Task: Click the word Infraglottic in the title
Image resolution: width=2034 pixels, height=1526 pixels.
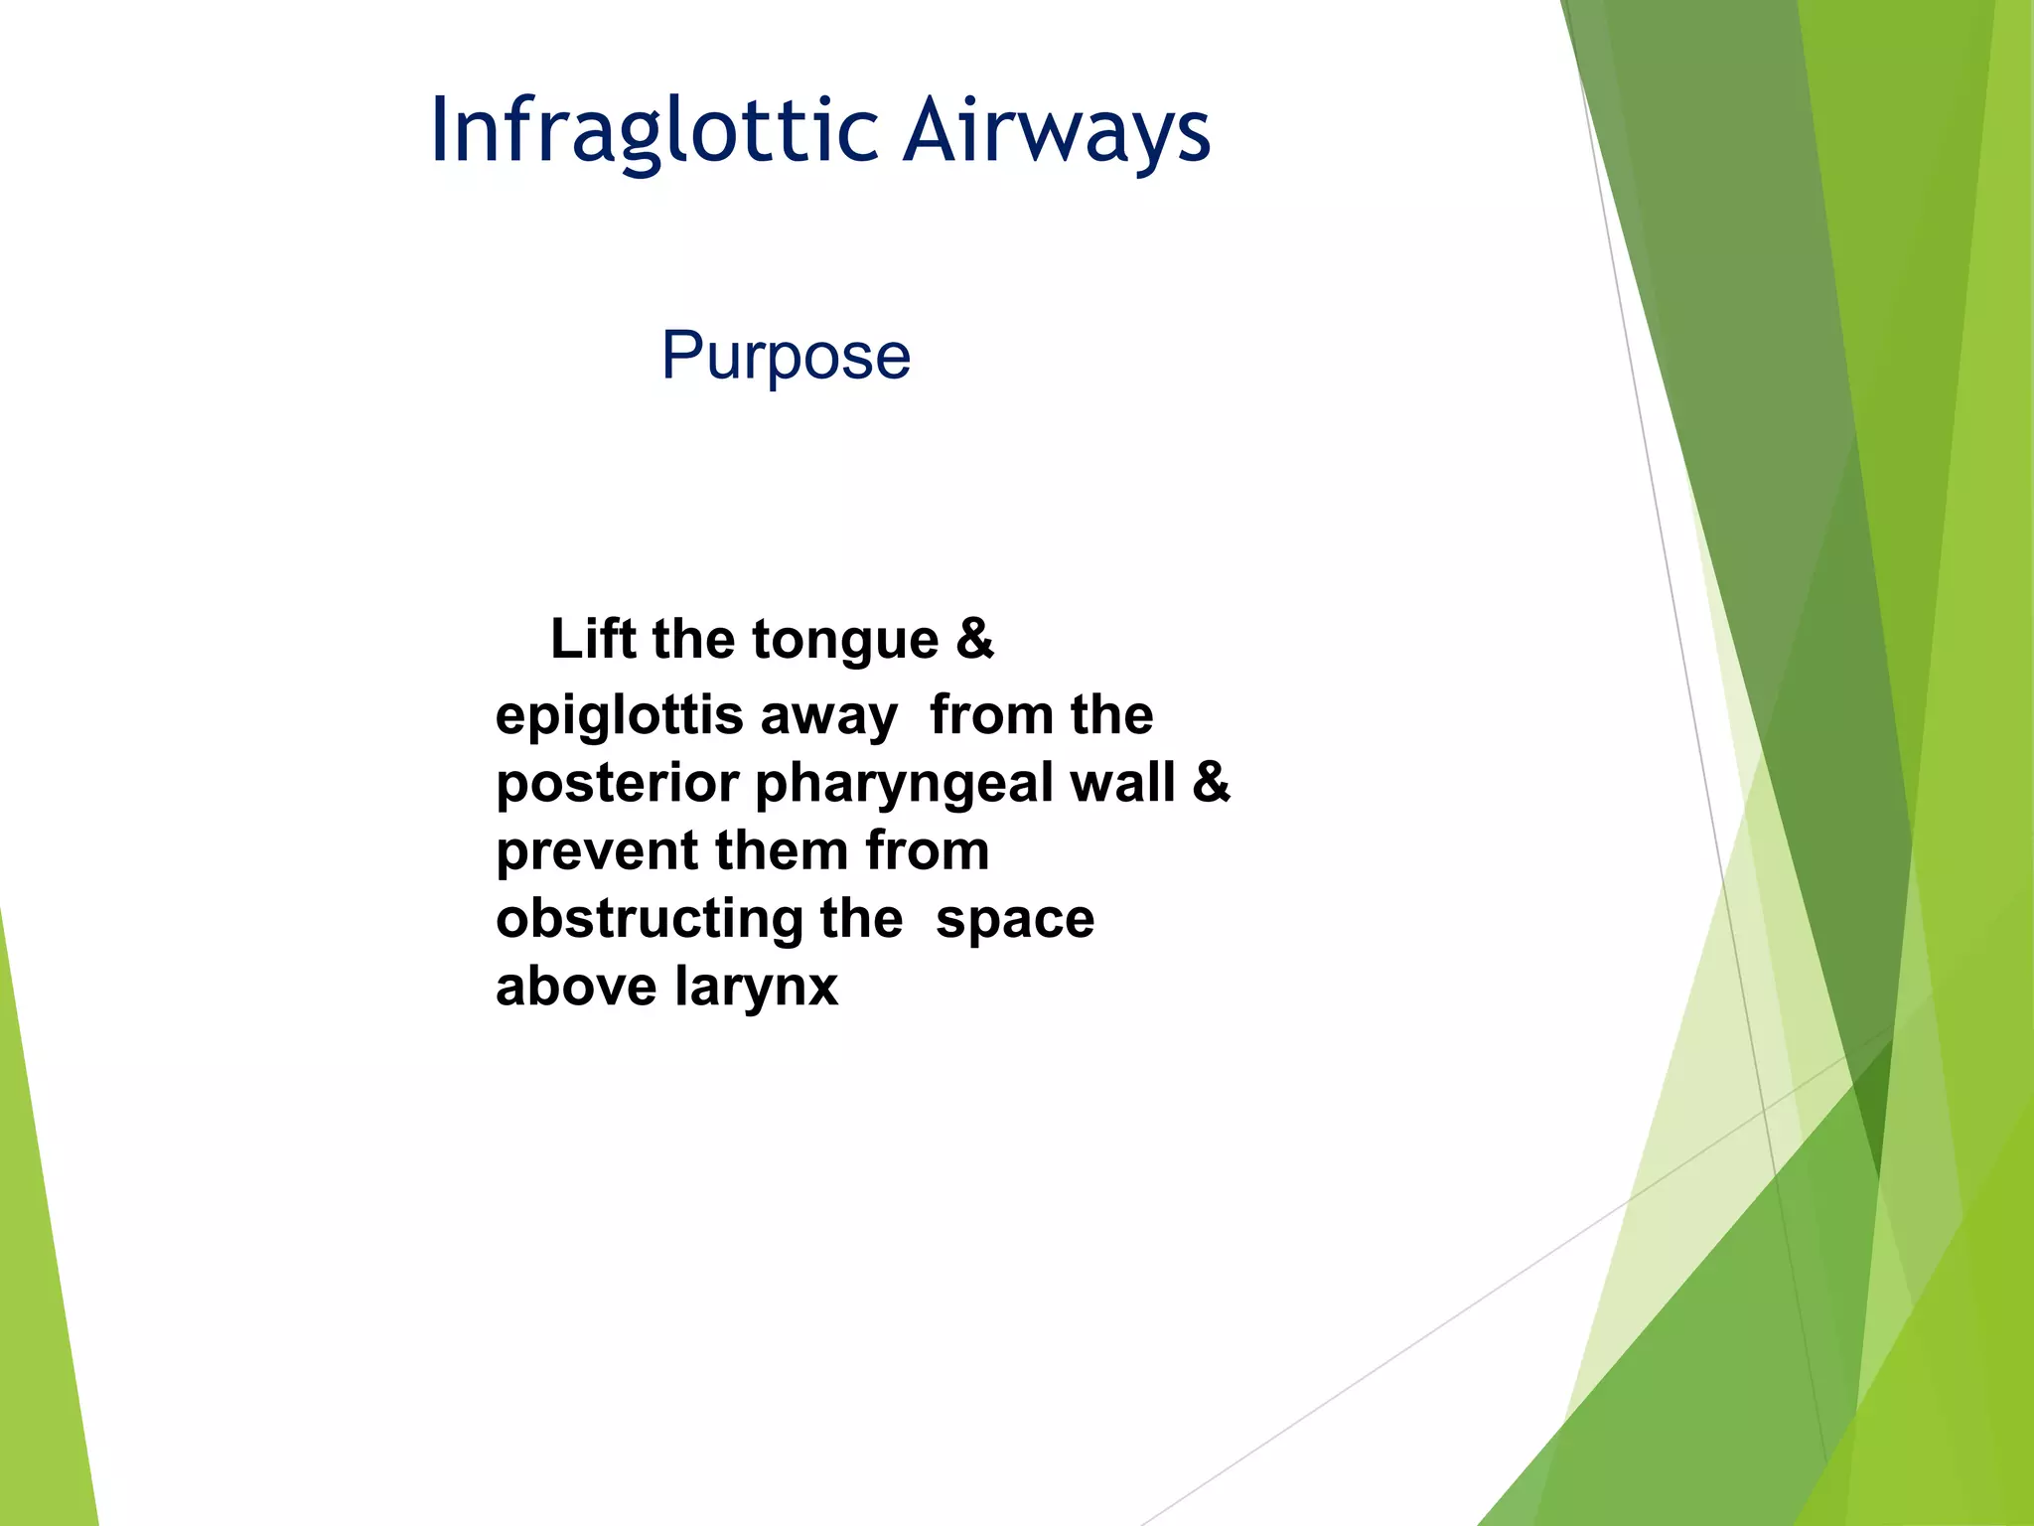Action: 654,131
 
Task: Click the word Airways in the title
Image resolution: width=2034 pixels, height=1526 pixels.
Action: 1057,131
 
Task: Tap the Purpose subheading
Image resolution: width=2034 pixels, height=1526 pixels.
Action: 786,356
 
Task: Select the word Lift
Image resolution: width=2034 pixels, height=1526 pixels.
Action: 593,638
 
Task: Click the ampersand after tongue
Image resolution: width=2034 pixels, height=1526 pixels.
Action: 974,638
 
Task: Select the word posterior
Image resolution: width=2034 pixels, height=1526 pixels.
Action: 617,785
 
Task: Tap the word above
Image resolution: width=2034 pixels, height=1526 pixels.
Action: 575,987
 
